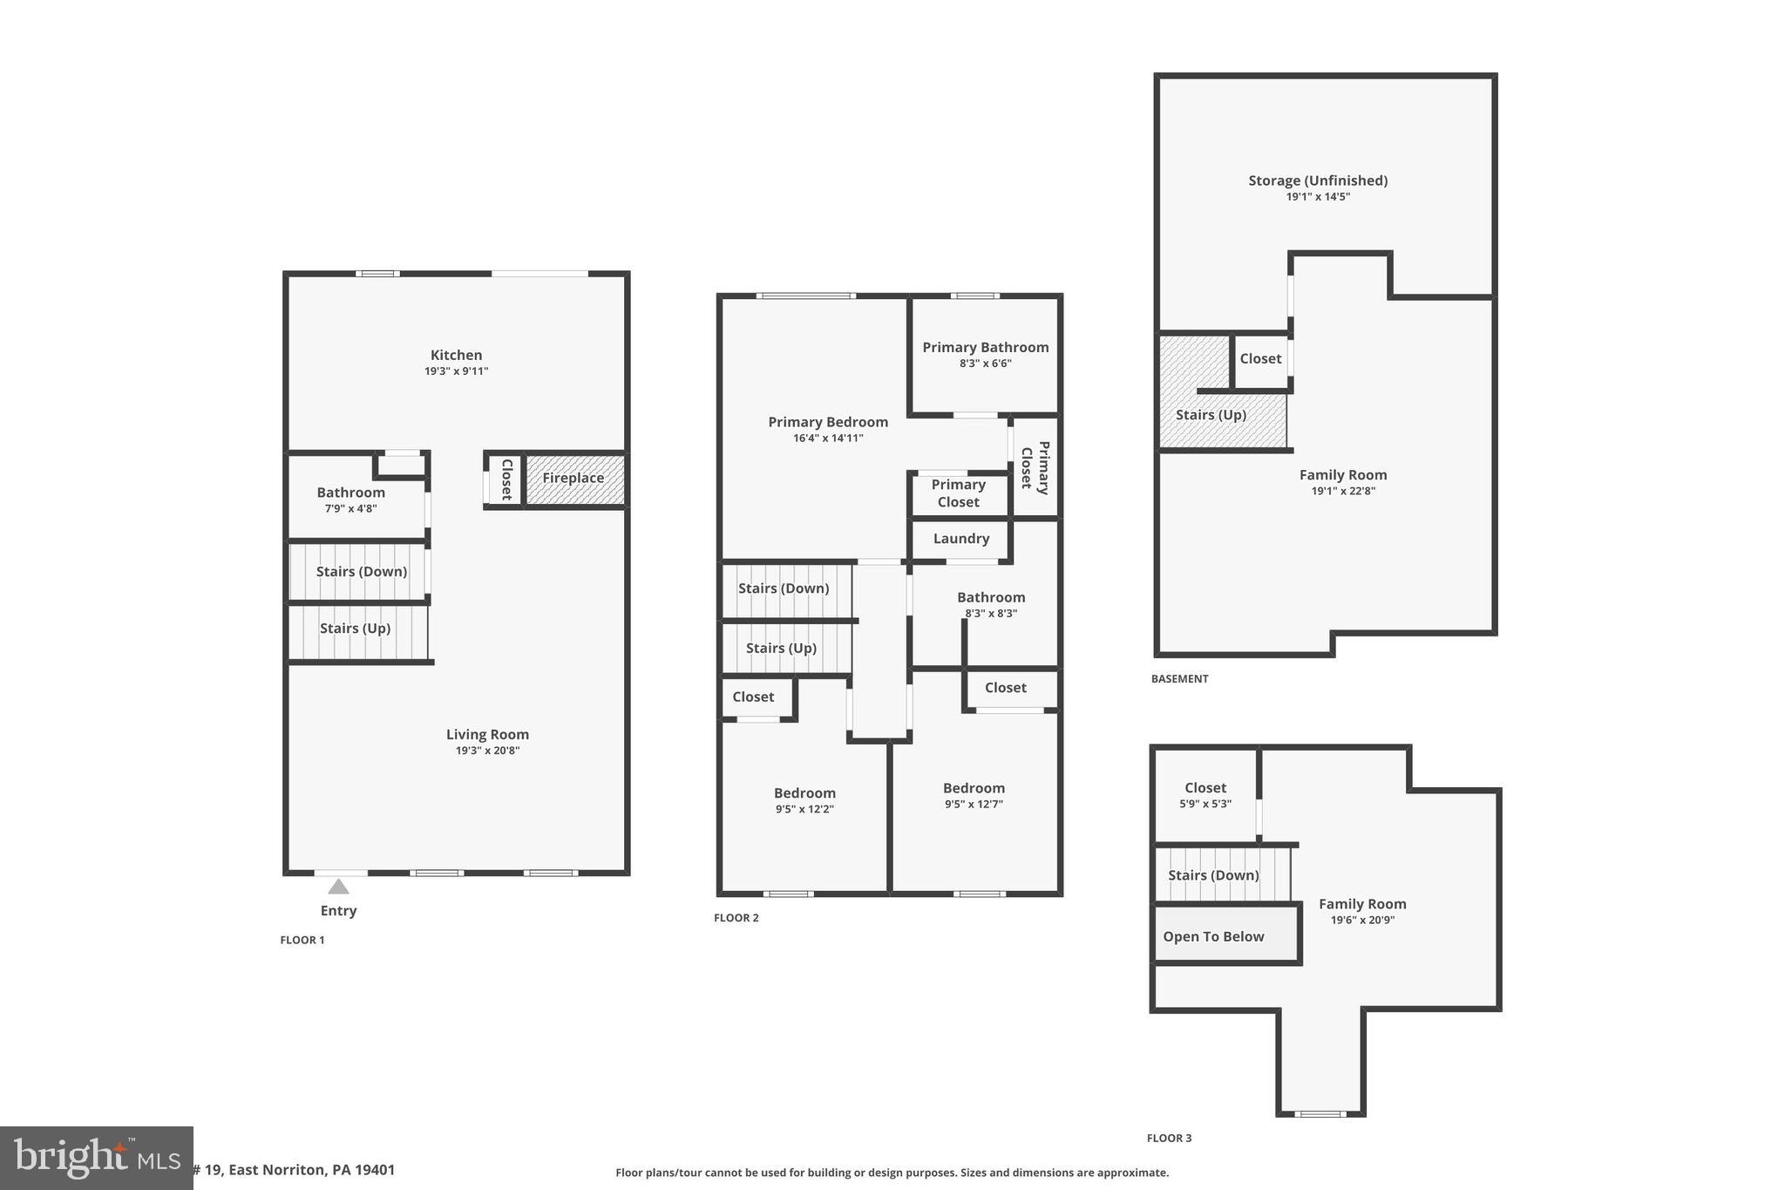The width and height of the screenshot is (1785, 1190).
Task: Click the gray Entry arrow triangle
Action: click(338, 887)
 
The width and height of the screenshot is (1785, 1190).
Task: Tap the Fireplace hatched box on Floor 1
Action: click(574, 479)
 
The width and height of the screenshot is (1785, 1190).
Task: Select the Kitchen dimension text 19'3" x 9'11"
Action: click(456, 371)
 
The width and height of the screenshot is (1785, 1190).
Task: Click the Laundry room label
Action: click(960, 539)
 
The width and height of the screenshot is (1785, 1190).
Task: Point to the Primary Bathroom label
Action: click(985, 347)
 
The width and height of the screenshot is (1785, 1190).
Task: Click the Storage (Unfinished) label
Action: click(1318, 180)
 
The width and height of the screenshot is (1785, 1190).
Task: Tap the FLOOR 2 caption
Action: click(736, 918)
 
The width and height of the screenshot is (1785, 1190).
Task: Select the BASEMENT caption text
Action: click(1179, 679)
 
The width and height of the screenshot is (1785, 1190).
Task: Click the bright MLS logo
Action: click(96, 1158)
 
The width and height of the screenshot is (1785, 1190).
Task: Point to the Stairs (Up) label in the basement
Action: click(1211, 415)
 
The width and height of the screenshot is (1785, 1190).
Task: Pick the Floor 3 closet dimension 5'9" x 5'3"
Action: click(1205, 804)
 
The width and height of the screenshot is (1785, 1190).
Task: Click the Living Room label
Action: click(487, 734)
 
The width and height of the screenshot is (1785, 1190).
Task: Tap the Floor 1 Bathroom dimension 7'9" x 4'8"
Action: click(350, 508)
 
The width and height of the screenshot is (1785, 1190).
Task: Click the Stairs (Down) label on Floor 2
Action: click(783, 588)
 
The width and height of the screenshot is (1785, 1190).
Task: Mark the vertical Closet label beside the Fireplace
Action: click(506, 479)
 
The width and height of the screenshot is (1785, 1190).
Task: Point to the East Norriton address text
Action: click(295, 1170)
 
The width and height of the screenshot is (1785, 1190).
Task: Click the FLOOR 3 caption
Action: click(1169, 1138)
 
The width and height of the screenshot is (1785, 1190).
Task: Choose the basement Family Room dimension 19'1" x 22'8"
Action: click(1343, 491)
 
